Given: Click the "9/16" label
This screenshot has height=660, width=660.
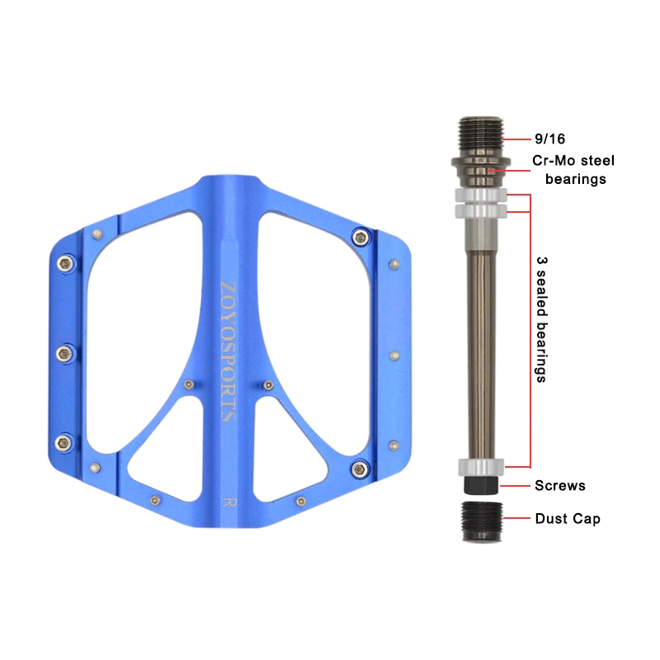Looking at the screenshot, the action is tap(549, 139).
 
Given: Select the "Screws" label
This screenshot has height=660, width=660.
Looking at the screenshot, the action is tap(560, 485).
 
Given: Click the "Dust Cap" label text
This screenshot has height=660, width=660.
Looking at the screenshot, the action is tap(568, 519).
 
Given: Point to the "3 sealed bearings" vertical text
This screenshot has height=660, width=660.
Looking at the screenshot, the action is tap(542, 319).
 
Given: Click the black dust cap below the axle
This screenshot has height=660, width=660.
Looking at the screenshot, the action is tap(482, 521).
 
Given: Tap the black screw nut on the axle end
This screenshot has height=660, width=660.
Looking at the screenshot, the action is tap(481, 485).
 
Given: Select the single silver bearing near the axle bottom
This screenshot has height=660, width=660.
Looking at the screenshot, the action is tap(481, 467).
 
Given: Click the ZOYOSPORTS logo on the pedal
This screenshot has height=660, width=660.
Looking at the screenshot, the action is tap(229, 351).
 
